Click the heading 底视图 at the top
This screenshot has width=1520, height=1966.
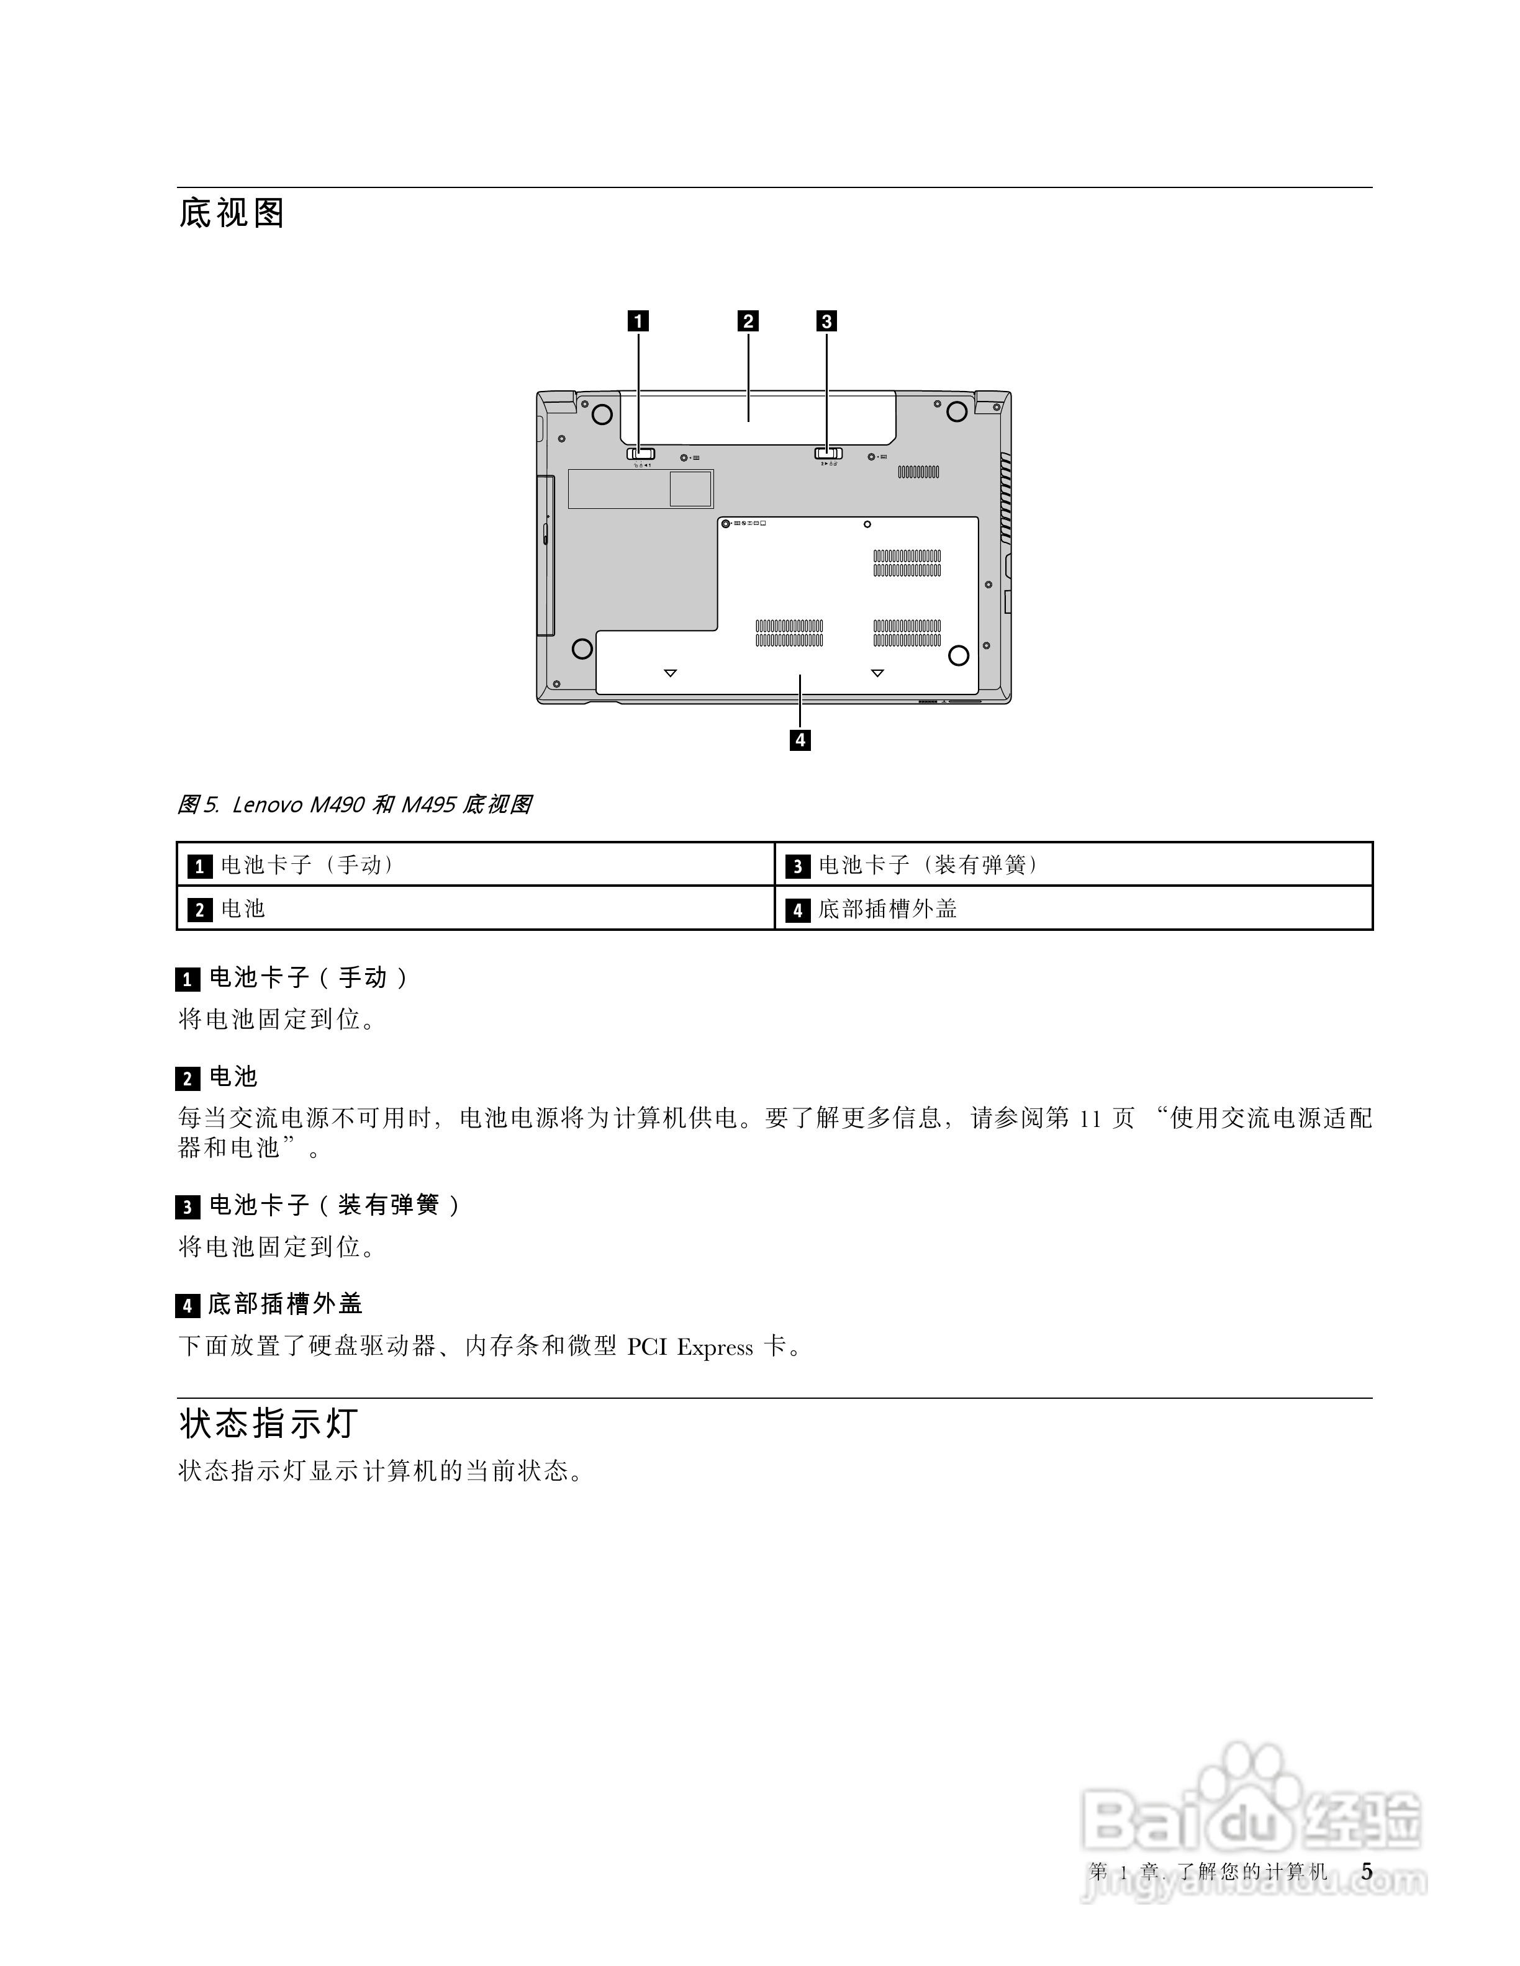pyautogui.click(x=232, y=213)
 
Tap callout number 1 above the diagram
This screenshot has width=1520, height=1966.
pyautogui.click(x=638, y=321)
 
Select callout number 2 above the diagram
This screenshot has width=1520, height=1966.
pyautogui.click(x=748, y=321)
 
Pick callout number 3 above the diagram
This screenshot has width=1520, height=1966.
pyautogui.click(x=826, y=321)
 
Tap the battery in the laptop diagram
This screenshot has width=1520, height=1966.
pyautogui.click(x=756, y=416)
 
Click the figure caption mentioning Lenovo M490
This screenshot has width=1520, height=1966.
pyautogui.click(x=354, y=805)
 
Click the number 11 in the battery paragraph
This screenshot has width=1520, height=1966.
pyautogui.click(x=1090, y=1119)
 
